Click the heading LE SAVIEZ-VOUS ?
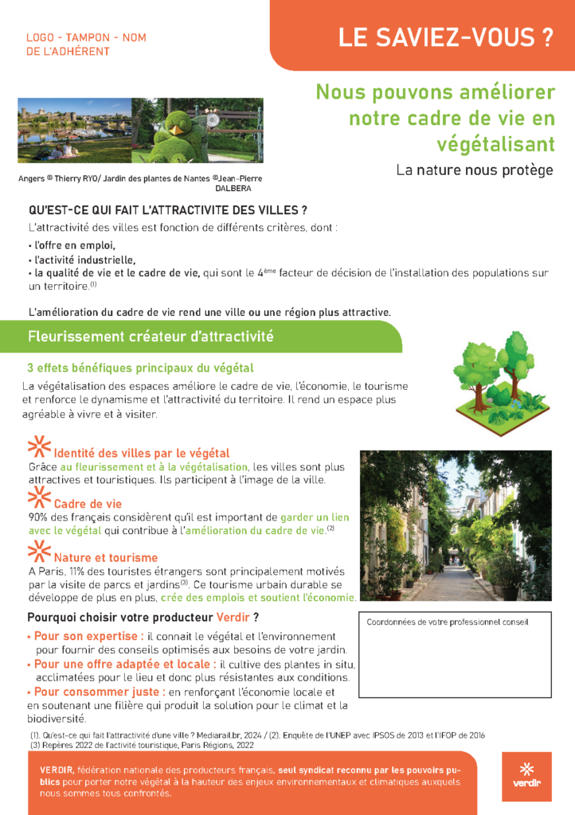(x=445, y=38)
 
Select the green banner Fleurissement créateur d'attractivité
(x=151, y=337)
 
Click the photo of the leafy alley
(x=456, y=526)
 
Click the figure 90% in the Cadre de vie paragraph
(x=39, y=518)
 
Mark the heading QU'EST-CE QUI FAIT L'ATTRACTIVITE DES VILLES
(x=167, y=211)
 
